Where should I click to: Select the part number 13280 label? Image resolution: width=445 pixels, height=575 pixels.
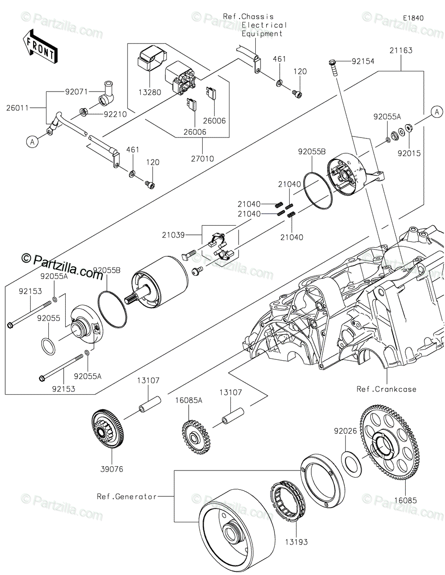pos(149,92)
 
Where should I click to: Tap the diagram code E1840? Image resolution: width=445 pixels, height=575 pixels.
pos(413,18)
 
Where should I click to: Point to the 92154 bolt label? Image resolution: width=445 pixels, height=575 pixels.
pos(363,61)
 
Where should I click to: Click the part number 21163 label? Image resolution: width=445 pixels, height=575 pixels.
pos(400,50)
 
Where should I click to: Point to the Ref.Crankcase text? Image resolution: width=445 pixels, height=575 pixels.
pos(387,389)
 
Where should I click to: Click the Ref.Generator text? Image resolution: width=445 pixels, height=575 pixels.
pos(126,496)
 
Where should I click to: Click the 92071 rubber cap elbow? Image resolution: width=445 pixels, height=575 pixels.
pos(106,95)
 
